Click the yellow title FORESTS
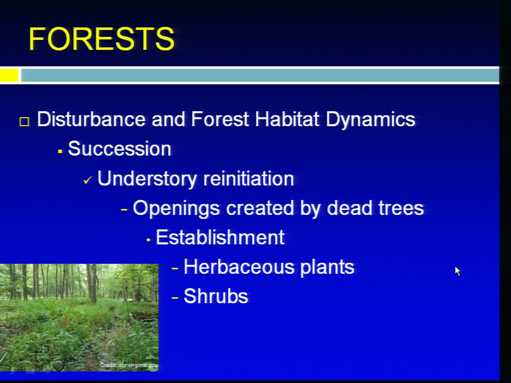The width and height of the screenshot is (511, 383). pos(102,39)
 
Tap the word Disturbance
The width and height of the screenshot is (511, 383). pos(91,119)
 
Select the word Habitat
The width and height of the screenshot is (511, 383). pos(287,119)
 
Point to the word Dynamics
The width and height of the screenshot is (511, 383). pos(370,120)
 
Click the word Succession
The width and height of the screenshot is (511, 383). pos(119,149)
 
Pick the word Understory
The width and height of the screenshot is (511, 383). pos(147,179)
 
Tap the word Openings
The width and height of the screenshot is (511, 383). pos(176,209)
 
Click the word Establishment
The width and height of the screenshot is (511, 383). pos(220,237)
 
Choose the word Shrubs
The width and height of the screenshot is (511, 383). pos(216,296)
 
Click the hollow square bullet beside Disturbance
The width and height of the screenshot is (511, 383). pos(24,121)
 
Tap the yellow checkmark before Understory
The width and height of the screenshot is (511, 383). pos(88,180)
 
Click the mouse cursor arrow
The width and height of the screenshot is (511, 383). pos(458,271)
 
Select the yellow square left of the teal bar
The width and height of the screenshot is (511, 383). pos(9,75)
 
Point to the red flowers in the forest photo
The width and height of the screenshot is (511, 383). pos(64,321)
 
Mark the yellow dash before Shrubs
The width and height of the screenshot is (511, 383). pos(175,297)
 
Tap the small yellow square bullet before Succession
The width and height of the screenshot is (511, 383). pos(60,151)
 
